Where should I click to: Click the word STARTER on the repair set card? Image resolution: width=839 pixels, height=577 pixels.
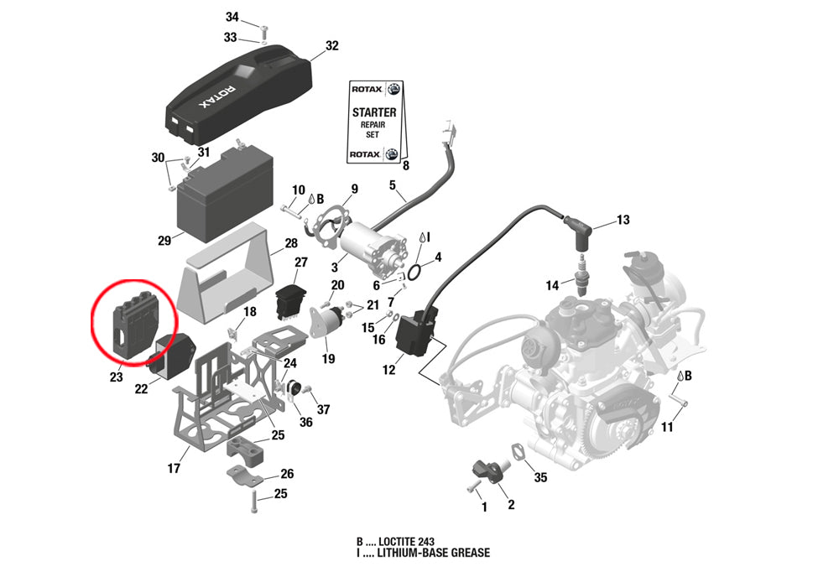pos(373,111)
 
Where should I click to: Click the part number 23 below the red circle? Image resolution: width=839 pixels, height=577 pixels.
pos(116,377)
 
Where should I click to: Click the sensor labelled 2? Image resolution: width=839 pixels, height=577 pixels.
pos(489,469)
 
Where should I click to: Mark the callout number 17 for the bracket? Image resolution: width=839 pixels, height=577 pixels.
pos(174,469)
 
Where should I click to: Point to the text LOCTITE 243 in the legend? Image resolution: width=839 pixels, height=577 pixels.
pos(409,541)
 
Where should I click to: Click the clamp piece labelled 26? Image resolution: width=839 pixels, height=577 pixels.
pos(245,480)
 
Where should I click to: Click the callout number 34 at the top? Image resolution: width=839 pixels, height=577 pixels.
pos(232,18)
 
